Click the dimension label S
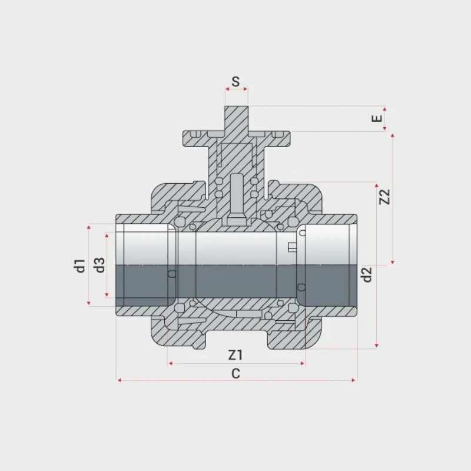click(236, 81)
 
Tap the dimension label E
click(377, 118)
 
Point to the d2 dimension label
click(367, 274)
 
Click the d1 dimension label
click(80, 266)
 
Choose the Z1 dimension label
click(235, 355)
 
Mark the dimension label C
click(236, 374)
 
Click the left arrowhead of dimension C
click(120, 380)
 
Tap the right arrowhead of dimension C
click(354, 380)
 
